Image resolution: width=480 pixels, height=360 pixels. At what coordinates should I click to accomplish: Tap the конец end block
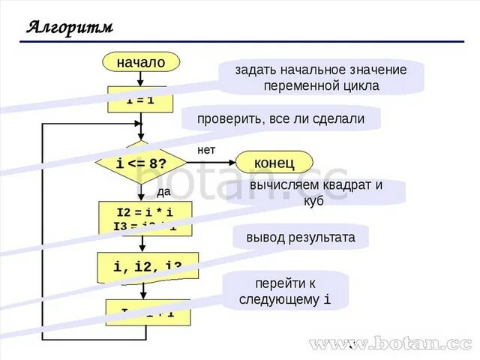274,162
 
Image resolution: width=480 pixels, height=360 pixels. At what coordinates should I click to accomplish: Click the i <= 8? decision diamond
140,163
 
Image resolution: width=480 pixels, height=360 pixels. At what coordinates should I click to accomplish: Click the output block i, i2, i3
147,266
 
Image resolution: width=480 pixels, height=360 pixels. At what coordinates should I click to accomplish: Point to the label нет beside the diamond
206,150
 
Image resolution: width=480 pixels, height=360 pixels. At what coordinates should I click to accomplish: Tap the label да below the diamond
163,191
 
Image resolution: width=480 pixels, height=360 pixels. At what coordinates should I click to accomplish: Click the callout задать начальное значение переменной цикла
321,77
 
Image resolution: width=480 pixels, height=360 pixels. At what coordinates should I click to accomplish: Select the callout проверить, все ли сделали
280,118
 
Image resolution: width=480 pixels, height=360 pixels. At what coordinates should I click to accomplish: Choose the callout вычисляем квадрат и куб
316,192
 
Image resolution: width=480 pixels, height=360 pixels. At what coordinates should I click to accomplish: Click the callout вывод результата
301,238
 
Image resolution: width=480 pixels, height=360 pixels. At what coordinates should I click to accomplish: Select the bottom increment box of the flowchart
148,312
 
